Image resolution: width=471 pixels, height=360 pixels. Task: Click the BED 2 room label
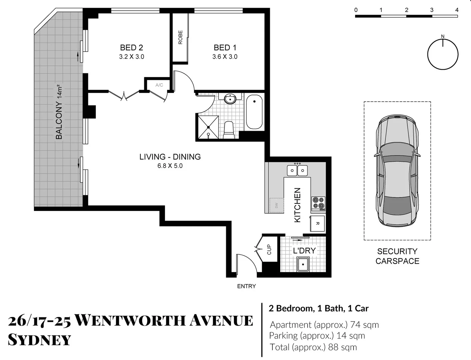tap(131, 48)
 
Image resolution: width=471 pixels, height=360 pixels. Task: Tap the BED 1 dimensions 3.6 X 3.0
tap(225, 57)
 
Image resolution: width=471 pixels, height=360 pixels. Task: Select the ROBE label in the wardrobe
tap(180, 37)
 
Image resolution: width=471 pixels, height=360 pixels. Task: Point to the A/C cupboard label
tap(159, 85)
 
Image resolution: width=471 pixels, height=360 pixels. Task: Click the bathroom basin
tap(230, 99)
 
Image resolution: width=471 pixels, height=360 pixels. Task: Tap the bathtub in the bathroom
tap(254, 112)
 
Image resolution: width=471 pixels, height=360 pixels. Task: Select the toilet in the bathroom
tap(229, 130)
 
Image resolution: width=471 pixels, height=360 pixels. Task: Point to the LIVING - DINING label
tap(170, 157)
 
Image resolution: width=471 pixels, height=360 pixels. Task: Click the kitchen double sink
tap(297, 170)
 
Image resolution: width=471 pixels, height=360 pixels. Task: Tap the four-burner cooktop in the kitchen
tap(318, 203)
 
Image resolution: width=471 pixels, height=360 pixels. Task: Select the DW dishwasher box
tap(276, 205)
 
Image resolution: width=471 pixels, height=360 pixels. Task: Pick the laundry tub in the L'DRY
tap(303, 265)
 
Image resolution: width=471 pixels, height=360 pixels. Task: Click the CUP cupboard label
tap(269, 249)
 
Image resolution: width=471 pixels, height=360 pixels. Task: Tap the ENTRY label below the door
tap(246, 286)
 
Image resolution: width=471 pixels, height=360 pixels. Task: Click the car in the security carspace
tap(397, 171)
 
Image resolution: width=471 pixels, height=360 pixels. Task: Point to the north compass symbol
tap(443, 54)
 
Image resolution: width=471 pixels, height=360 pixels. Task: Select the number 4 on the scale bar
tap(457, 10)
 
